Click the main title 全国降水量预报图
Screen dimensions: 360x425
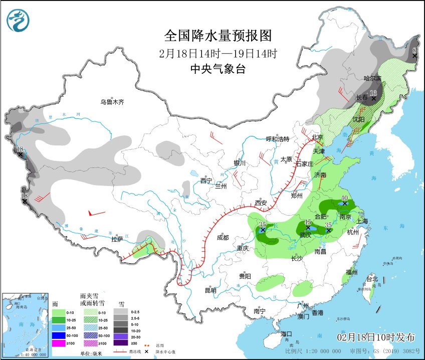(x=218, y=36)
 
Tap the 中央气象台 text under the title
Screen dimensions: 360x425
(x=218, y=70)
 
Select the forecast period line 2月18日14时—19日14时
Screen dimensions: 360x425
(x=218, y=53)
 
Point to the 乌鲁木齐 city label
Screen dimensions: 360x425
(x=111, y=102)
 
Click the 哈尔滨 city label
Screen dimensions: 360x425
(x=372, y=78)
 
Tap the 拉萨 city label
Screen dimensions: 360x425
(x=117, y=239)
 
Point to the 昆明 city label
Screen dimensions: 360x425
(x=210, y=290)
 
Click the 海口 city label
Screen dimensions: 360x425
(x=286, y=334)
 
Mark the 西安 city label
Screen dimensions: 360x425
(x=261, y=203)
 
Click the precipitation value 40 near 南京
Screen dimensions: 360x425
(x=344, y=198)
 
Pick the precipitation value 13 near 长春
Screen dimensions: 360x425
(x=373, y=93)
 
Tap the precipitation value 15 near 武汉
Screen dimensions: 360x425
(x=308, y=222)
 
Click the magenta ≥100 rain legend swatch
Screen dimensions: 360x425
(x=59, y=343)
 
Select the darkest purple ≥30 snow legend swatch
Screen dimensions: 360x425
(x=120, y=343)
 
